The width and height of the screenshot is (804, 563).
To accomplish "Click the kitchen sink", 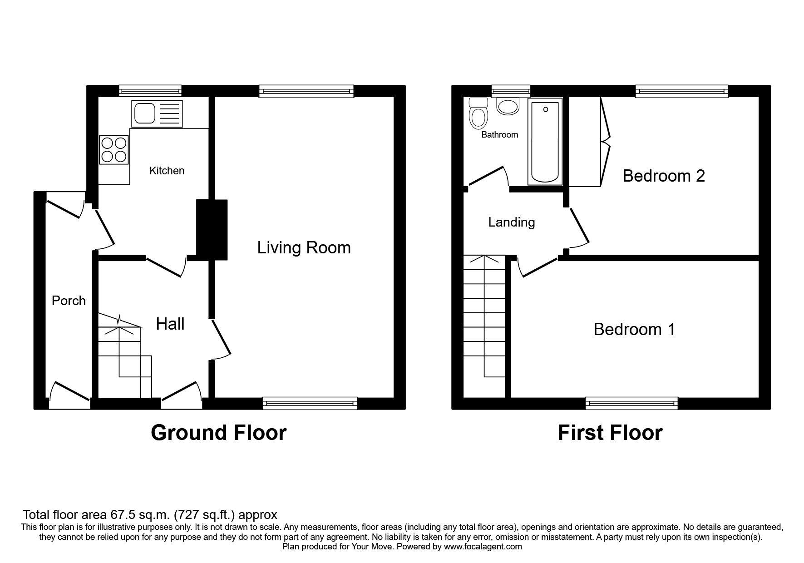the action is click(157, 114).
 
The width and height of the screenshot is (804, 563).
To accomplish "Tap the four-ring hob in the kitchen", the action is click(113, 150).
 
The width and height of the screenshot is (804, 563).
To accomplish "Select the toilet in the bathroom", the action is click(478, 113).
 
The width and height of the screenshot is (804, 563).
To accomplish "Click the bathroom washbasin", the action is click(508, 106).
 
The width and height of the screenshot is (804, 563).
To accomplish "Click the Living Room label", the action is click(304, 248).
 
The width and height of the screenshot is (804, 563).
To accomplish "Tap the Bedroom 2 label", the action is click(664, 176).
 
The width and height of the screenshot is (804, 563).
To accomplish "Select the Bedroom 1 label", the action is click(634, 329).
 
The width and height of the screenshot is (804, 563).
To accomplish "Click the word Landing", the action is click(512, 222).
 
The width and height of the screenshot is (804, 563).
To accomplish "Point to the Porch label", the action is click(69, 301).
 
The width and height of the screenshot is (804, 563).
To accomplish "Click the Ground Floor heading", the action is click(218, 433).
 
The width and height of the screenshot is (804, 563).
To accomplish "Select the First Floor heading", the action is click(610, 433).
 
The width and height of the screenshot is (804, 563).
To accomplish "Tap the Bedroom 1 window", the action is click(631, 403).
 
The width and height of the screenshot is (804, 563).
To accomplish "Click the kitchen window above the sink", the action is click(150, 91).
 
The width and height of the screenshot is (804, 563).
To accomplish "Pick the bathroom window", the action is click(511, 91).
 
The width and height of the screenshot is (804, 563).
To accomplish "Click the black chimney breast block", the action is click(212, 230).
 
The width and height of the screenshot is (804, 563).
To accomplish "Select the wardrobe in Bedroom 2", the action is click(589, 142).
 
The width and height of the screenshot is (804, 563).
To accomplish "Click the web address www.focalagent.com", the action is click(483, 547).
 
